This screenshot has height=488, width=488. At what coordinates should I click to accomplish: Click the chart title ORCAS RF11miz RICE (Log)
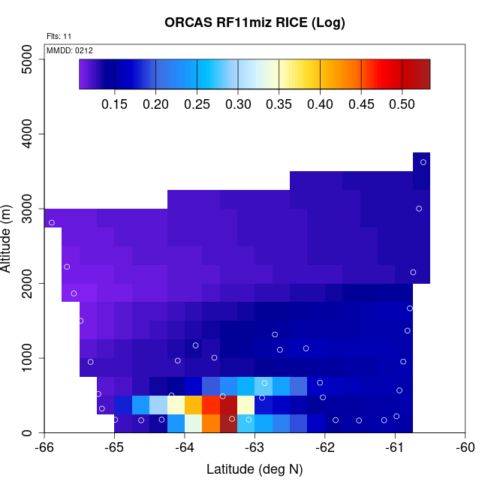coord(255,23)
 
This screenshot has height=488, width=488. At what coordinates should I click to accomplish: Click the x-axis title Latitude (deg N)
coord(255,470)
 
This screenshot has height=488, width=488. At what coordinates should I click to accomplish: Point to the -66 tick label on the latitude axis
coord(44,449)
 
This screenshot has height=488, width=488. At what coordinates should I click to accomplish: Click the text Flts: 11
coord(59,36)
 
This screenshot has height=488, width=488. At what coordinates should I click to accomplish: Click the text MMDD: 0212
coord(70,50)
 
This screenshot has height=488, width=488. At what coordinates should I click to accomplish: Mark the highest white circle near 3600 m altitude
coord(423,162)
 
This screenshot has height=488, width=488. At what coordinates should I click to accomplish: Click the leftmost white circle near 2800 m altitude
coord(52,222)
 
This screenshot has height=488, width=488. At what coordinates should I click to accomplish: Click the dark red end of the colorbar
coord(422,74)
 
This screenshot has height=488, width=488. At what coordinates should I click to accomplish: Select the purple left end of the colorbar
coord(85,74)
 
